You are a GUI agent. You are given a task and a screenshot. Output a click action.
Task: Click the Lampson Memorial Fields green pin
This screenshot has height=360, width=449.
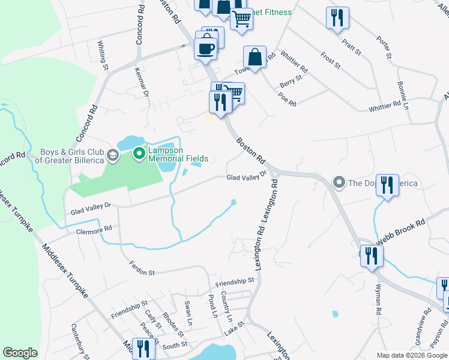(139, 155)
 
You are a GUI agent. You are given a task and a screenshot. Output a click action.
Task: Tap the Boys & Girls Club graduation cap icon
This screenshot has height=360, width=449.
(112, 157)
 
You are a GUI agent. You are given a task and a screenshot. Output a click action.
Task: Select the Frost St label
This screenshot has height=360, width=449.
(330, 60)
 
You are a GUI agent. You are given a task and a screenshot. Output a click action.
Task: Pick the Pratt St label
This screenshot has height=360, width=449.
(351, 47)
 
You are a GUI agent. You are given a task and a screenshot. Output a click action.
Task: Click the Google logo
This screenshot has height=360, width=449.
(20, 353)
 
